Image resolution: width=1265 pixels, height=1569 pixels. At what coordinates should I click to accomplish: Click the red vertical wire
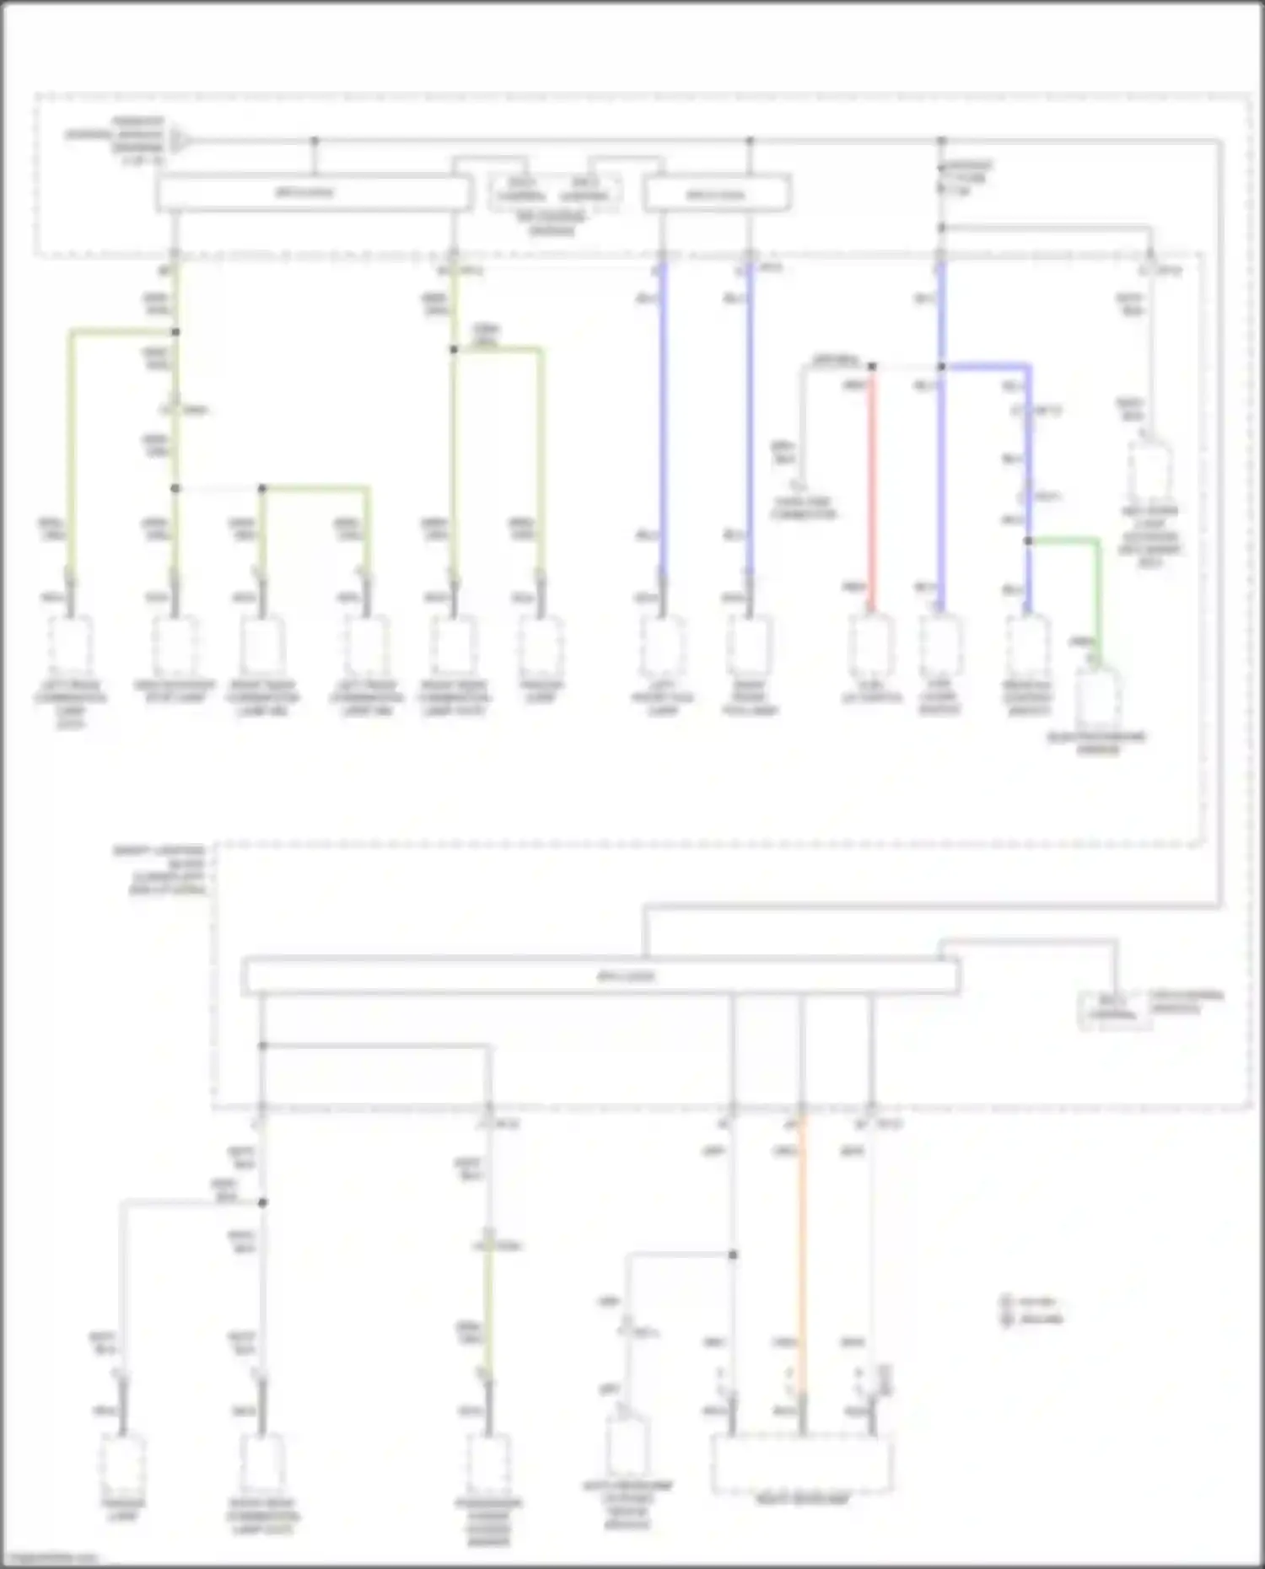(872, 489)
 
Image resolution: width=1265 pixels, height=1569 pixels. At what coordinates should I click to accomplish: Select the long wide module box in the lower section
(600, 976)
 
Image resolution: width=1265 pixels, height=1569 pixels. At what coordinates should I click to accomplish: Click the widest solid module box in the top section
(314, 193)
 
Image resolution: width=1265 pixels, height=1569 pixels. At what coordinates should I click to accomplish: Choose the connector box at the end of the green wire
(1097, 696)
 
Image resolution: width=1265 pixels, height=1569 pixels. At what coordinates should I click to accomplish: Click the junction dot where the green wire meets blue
(1028, 540)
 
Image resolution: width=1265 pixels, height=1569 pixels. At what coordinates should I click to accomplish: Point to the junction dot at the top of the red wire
(872, 367)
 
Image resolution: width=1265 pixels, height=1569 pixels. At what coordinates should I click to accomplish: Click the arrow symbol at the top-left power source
(180, 139)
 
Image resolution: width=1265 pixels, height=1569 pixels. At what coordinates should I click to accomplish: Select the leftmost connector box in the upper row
(71, 646)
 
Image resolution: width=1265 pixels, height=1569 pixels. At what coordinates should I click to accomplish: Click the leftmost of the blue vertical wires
(663, 422)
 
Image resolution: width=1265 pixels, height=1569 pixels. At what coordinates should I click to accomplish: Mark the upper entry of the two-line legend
(1031, 1303)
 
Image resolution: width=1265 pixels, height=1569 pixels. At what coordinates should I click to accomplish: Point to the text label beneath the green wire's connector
(1097, 743)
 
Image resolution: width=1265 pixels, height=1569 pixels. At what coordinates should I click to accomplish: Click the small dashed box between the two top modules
(553, 192)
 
